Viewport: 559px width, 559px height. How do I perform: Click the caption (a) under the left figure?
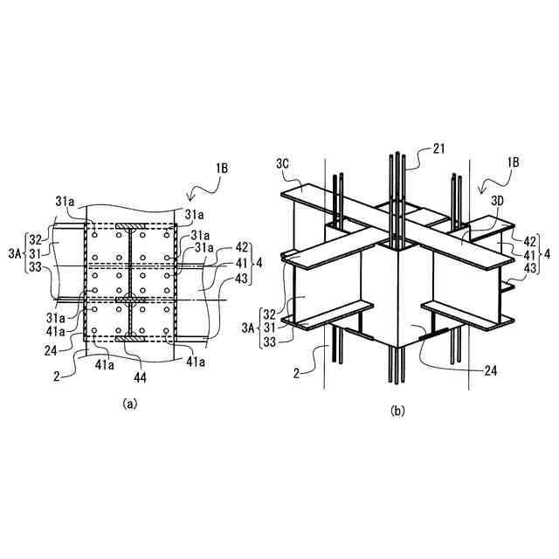(130, 404)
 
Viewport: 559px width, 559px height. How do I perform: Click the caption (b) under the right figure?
(396, 410)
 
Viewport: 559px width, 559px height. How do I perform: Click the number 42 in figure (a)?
(217, 246)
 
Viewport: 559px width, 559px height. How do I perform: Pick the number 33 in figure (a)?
(34, 268)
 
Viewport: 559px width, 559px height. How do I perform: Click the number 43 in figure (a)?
(217, 278)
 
